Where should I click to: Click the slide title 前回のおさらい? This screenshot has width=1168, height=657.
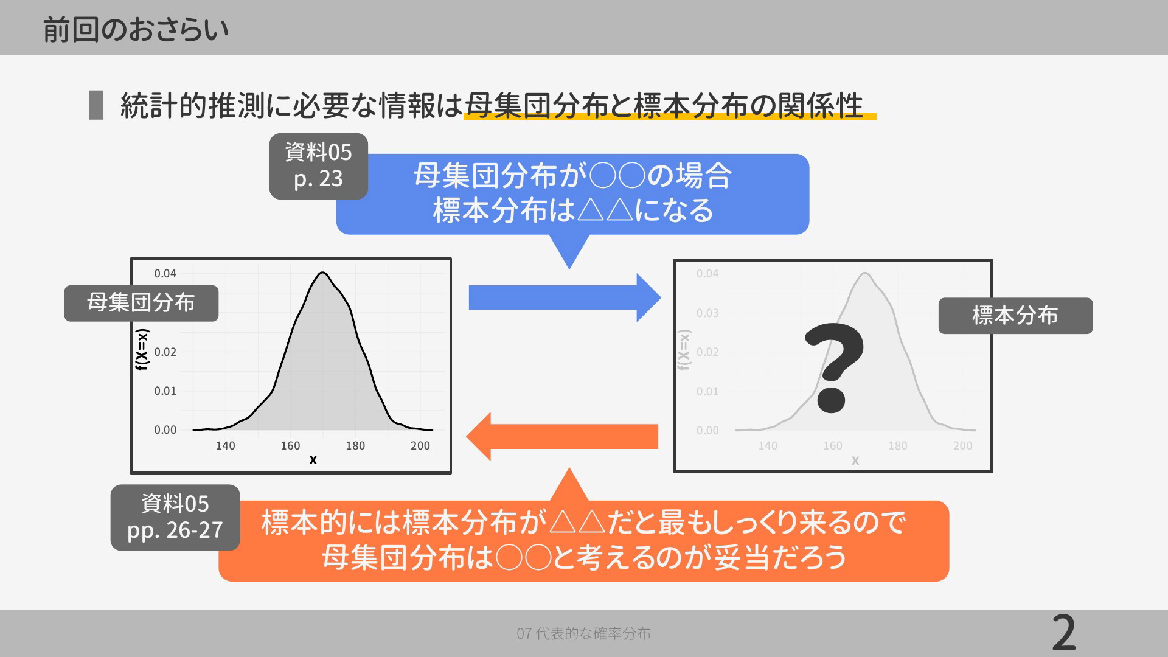(136, 29)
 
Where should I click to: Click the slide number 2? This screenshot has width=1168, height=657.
(1064, 633)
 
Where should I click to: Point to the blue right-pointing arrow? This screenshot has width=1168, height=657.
(565, 297)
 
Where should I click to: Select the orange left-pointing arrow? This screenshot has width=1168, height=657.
(562, 436)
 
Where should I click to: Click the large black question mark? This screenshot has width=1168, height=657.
(834, 368)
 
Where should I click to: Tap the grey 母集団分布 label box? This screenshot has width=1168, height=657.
(141, 303)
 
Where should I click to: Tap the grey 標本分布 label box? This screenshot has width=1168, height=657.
(1015, 315)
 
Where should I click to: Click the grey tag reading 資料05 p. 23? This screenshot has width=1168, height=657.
(319, 166)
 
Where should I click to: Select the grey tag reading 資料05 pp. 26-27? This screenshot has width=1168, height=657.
(175, 517)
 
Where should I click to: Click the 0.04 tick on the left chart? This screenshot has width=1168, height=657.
(165, 274)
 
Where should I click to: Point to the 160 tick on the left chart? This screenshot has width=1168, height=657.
(290, 445)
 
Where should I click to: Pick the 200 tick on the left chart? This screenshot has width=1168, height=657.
(420, 445)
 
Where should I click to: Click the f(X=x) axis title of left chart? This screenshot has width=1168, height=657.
(142, 350)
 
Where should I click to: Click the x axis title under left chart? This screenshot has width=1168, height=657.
(313, 460)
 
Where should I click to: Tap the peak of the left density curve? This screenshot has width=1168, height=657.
(322, 273)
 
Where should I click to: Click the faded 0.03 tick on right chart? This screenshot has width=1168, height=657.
(707, 313)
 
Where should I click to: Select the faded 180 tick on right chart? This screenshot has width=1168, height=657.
(897, 446)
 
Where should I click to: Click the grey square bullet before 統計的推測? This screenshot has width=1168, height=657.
(96, 105)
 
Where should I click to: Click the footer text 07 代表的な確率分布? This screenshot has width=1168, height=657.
(583, 633)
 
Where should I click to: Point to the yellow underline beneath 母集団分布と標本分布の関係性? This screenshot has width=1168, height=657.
(670, 116)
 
